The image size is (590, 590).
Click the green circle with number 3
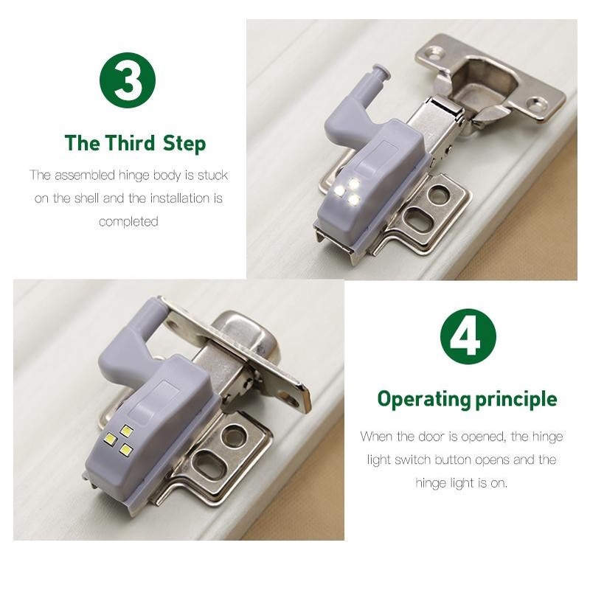click(128, 80)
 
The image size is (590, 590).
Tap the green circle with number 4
click(468, 337)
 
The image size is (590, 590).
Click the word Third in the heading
click(130, 143)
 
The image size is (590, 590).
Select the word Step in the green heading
click(184, 144)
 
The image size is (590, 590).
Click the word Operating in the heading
click(424, 400)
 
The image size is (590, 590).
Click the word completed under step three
click(128, 222)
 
